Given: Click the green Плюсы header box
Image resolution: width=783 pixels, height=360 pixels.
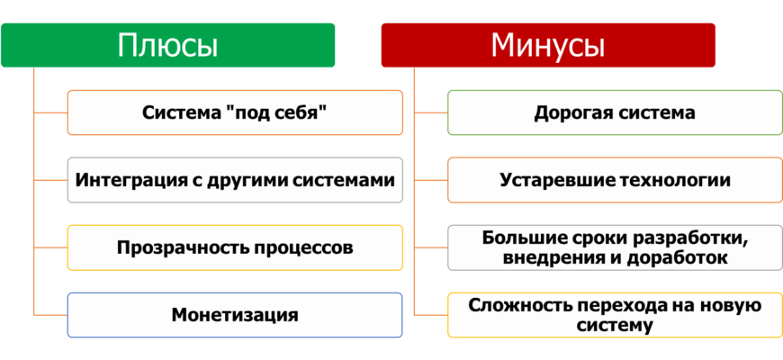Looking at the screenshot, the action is [x=167, y=45].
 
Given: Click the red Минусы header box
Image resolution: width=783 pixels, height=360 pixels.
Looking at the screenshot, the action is [x=548, y=45].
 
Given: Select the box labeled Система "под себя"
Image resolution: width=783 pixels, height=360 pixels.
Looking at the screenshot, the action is [x=235, y=112].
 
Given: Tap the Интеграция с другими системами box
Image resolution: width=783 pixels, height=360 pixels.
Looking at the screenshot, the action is [x=235, y=180].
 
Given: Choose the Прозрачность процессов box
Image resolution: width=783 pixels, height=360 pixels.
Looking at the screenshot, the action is [x=235, y=247].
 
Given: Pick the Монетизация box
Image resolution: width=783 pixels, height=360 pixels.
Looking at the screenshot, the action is [x=235, y=315].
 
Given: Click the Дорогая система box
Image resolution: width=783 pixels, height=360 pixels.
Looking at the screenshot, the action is [x=616, y=112].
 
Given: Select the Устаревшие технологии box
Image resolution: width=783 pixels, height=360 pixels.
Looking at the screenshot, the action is [x=616, y=180].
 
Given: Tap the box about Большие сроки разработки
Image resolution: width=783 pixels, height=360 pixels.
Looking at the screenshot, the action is [x=616, y=247].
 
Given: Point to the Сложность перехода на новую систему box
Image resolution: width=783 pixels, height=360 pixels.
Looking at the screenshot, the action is [x=616, y=315].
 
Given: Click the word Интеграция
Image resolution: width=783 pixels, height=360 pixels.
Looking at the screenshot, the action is [x=122, y=180].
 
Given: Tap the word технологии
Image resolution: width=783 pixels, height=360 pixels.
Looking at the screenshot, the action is [x=675, y=180].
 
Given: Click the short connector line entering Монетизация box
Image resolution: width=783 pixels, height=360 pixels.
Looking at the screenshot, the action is [x=50, y=315].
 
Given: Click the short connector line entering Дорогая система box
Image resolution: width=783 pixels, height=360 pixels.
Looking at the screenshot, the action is [x=431, y=112].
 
